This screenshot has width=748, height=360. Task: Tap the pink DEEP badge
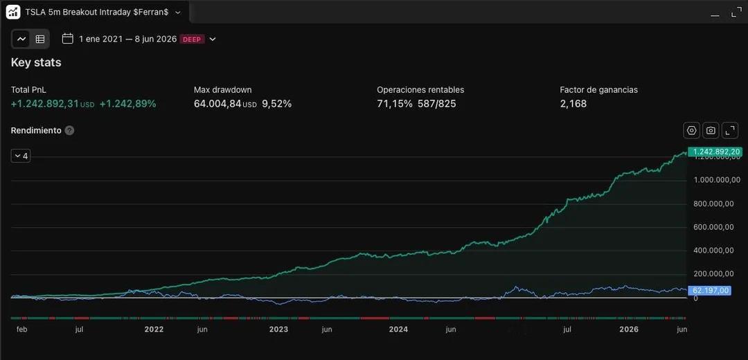tap(193, 39)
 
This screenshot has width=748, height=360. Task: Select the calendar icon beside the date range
tap(68, 39)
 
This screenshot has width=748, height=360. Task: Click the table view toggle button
tap(40, 39)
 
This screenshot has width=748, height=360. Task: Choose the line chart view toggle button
tap(21, 39)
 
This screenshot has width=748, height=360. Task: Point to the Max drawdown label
tap(223, 89)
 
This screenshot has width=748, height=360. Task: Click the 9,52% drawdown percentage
tap(276, 103)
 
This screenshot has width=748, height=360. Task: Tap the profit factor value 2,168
tap(573, 103)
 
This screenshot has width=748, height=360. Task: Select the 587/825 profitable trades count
tap(437, 103)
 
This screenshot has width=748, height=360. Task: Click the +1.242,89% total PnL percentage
tap(128, 103)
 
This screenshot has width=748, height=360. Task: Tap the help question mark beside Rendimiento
tap(70, 130)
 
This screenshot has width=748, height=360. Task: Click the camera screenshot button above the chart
tap(711, 130)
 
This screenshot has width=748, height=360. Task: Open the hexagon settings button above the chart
tap(692, 130)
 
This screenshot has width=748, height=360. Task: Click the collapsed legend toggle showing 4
tap(21, 156)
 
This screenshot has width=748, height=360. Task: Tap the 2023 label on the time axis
tap(278, 330)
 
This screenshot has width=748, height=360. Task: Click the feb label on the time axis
tap(21, 330)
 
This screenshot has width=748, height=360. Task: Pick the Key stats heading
tap(36, 62)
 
